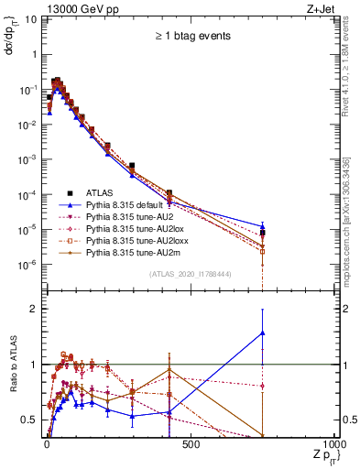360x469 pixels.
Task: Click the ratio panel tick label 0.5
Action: click(x=27, y=420)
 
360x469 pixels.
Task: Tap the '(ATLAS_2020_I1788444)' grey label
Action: click(x=190, y=273)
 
